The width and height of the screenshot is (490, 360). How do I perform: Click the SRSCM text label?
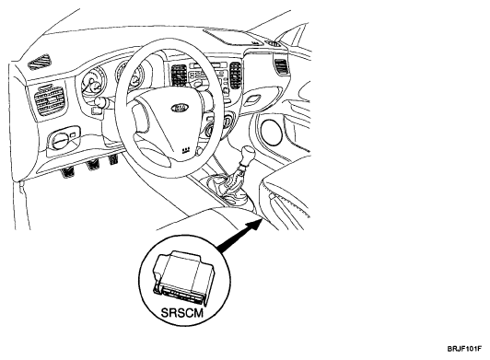point(182,312)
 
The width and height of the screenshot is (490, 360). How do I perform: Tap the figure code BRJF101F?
point(464,349)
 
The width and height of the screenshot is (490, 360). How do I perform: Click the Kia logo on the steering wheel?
point(180,108)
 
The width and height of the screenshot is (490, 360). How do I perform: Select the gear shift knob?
point(247,154)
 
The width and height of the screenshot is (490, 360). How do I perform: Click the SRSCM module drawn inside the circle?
point(183,278)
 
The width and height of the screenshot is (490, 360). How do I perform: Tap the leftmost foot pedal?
point(67,173)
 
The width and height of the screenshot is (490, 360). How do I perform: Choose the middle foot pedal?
point(93,166)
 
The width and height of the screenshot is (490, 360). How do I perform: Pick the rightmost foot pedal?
point(112,159)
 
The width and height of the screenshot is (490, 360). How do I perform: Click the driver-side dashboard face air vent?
point(50,99)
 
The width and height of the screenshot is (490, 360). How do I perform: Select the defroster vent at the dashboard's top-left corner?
point(40,62)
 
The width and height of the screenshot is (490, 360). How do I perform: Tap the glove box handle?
point(252,100)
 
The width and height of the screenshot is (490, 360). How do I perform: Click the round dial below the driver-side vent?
point(60,140)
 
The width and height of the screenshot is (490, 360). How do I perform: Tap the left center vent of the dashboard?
point(179,75)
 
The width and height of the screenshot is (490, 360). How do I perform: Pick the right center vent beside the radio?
point(235,75)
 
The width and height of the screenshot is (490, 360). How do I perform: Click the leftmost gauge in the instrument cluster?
point(93,84)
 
